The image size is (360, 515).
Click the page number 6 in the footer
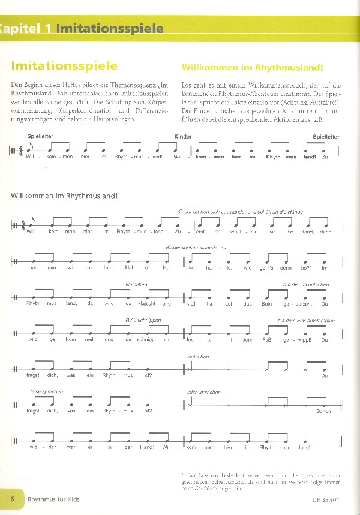pyautogui.click(x=12, y=499)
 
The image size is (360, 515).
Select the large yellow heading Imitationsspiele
pyautogui.click(x=64, y=65)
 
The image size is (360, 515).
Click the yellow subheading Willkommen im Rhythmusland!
pyautogui.click(x=240, y=67)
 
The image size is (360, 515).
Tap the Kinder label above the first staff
pyautogui.click(x=182, y=137)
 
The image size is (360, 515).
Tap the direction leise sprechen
pyautogui.click(x=46, y=391)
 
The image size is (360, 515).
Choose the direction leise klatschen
pyautogui.click(x=203, y=392)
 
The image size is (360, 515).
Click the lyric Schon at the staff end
pyautogui.click(x=324, y=411)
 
